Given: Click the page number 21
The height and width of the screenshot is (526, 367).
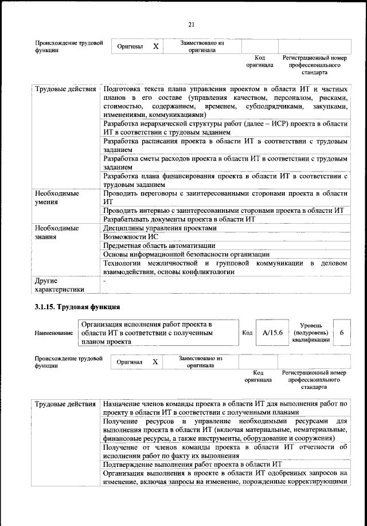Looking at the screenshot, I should pos(192,24).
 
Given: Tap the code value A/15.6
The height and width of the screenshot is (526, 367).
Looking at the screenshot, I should pos(272,333).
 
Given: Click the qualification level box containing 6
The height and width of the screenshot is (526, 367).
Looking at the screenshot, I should pos(342,333).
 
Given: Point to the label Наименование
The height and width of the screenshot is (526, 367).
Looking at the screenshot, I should pos(53,333).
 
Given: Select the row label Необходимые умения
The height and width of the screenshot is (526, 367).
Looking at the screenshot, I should pos(57,198).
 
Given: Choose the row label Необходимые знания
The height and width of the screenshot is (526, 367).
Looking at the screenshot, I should pos(57,232).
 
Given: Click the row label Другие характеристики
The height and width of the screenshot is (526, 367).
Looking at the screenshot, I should pos(59,285).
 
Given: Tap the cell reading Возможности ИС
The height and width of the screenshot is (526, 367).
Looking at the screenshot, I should pos(131,236).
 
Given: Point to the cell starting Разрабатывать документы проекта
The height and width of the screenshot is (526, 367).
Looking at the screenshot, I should pos(178,219).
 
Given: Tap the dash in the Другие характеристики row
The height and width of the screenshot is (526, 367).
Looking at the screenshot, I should pos(104,281).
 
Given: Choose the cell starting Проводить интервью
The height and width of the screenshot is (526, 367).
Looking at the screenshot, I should pos(222,211).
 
